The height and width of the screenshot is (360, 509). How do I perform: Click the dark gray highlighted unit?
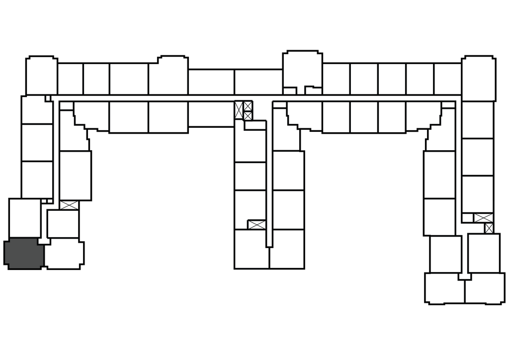click(24, 254)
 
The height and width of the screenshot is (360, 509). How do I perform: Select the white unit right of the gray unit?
click(63, 254)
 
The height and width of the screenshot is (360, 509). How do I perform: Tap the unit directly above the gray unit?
click(25, 218)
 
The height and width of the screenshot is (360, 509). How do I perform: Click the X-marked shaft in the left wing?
click(69, 205)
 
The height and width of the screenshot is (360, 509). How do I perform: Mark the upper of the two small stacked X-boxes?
click(248, 106)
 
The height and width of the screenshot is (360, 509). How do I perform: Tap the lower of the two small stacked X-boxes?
click(248, 115)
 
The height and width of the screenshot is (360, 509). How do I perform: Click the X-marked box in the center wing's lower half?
click(256, 224)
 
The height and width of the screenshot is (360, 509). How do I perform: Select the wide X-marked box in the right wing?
click(483, 217)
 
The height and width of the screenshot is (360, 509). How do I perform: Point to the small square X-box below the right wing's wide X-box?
click(489, 228)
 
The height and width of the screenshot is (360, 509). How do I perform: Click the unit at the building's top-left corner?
click(41, 76)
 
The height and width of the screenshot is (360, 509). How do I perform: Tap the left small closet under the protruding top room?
click(290, 90)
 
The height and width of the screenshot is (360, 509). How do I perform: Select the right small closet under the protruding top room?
click(313, 90)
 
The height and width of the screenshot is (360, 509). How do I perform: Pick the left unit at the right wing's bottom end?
click(445, 288)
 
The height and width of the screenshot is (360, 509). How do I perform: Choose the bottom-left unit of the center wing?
click(252, 249)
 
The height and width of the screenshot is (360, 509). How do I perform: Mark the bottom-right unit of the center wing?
click(287, 249)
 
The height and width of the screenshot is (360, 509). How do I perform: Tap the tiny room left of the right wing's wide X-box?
click(467, 218)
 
